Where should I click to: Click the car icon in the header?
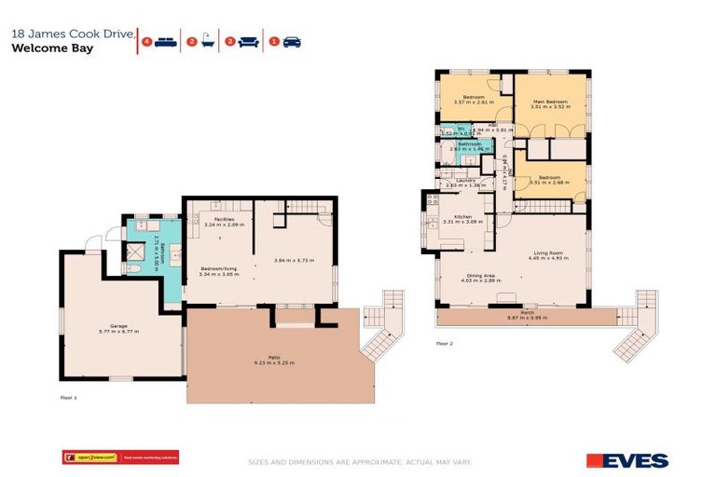(293, 42)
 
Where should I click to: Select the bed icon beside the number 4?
(165, 42)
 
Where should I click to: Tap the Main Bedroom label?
(549, 102)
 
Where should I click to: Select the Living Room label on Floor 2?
(548, 252)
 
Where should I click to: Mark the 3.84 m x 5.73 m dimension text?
(295, 260)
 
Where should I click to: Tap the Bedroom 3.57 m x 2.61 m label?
(474, 100)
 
